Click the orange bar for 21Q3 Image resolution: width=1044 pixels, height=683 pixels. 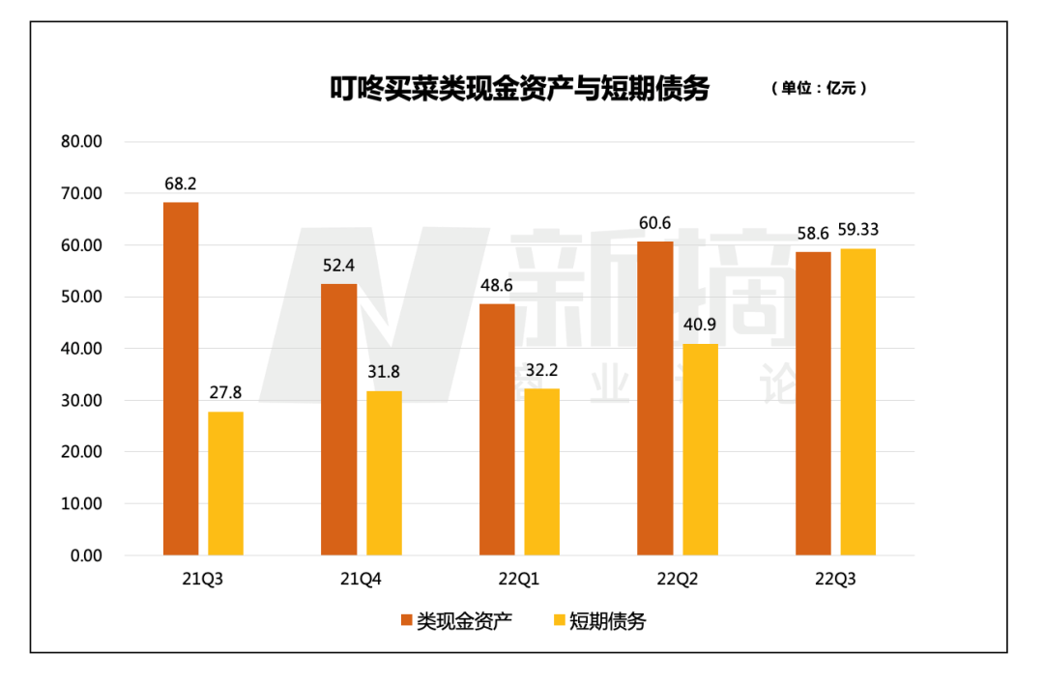[x=181, y=379]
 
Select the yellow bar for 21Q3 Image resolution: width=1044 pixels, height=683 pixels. [x=225, y=483]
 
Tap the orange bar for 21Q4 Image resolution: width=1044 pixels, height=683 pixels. [x=339, y=419]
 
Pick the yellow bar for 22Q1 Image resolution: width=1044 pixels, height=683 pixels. [x=541, y=471]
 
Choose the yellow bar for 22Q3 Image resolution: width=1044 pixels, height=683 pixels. [x=857, y=402]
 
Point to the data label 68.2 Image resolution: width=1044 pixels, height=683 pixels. [x=181, y=184]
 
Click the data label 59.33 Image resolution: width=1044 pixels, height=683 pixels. [x=857, y=230]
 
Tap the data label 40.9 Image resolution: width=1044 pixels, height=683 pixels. [x=700, y=326]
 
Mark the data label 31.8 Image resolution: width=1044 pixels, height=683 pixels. [x=384, y=372]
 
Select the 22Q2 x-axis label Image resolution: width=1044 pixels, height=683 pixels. [x=677, y=580]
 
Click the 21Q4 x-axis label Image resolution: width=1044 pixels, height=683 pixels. [x=361, y=580]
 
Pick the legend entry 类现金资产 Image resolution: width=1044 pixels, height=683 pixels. [x=455, y=621]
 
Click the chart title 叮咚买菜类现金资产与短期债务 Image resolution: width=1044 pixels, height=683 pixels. [x=519, y=89]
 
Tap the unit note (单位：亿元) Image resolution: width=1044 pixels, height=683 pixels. [x=818, y=88]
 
